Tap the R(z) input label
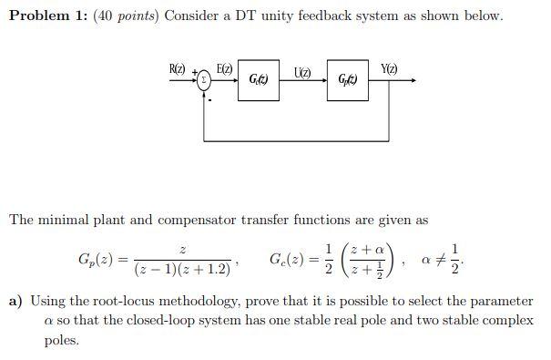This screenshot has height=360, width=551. [178, 69]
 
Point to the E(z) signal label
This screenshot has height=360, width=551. [224, 69]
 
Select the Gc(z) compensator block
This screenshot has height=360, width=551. [258, 80]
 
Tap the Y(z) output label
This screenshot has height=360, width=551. [390, 69]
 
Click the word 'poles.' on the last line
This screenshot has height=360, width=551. [64, 340]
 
